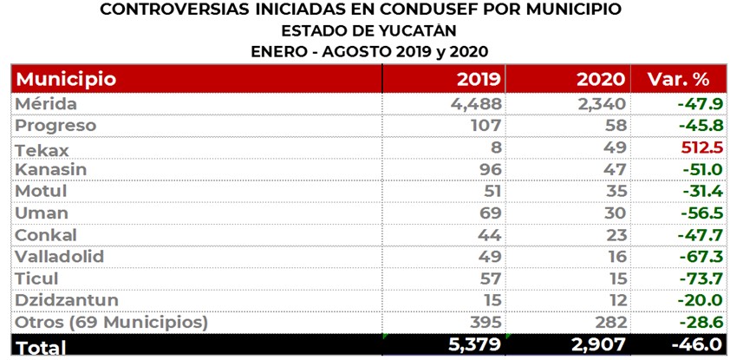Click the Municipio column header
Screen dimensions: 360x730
(66, 79)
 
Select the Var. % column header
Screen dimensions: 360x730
(678, 79)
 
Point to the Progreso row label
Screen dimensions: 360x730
(55, 126)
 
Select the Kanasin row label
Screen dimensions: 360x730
(51, 170)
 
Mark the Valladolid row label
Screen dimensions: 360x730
(58, 258)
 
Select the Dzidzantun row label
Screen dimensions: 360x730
(67, 301)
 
